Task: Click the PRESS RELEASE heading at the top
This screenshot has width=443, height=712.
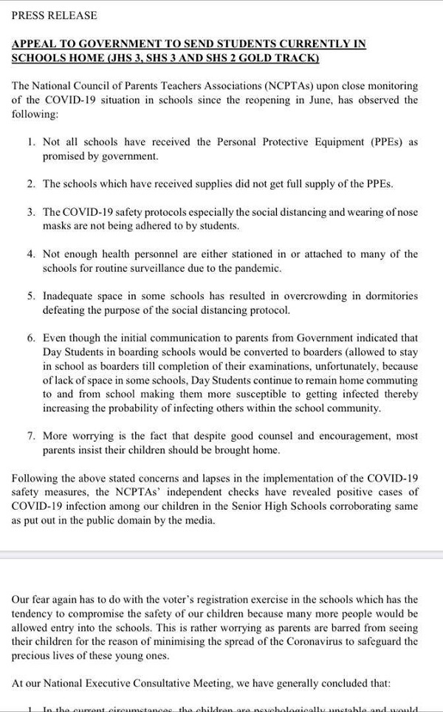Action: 54,16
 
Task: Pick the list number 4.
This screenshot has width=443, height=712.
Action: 31,254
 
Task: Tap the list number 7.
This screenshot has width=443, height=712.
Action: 31,436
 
